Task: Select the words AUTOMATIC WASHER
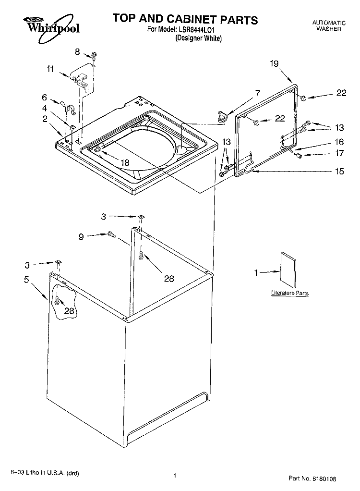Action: coord(328,26)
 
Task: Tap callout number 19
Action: coord(274,63)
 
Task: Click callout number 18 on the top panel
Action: coord(125,162)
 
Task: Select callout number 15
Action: coord(339,171)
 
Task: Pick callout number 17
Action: coord(339,154)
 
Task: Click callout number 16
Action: coord(339,142)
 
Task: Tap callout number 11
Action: coord(50,69)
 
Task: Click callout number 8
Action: coord(77,51)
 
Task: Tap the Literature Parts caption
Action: coord(289,293)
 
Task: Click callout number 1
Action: coord(256,273)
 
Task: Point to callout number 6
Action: coord(44,97)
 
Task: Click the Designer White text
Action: coord(198,39)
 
